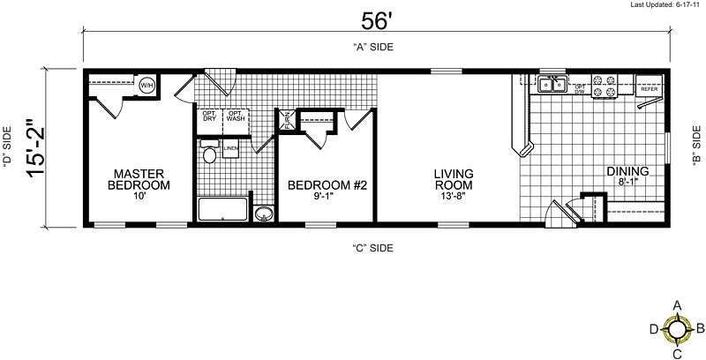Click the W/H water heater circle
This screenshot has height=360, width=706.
coord(146,86)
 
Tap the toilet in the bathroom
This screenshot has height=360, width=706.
coord(210,155)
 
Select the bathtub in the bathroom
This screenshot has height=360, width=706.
coord(223,210)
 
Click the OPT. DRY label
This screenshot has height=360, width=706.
coord(210,116)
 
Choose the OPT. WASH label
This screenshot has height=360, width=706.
coord(236,116)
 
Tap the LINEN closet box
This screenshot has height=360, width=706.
coord(231,148)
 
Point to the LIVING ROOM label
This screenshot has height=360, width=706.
coord(453,179)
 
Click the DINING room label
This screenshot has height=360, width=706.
coord(628,170)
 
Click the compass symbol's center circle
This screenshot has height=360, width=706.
coord(677,330)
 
